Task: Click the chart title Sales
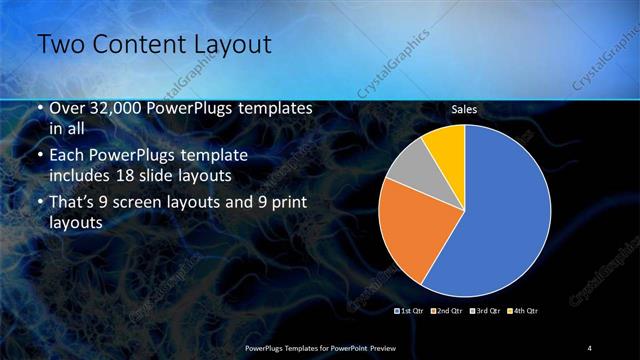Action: pos(464,109)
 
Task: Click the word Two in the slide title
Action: pos(58,45)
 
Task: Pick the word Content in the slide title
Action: pos(132,45)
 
